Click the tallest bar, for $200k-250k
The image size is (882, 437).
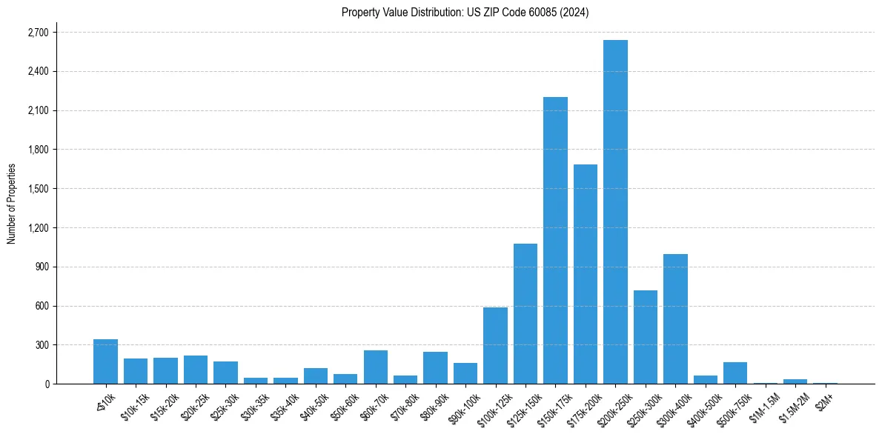(x=615, y=212)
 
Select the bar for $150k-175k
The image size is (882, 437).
(x=555, y=241)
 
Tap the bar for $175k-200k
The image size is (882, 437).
(x=586, y=274)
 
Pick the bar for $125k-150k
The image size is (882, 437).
(x=525, y=314)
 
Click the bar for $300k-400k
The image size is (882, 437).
(x=675, y=319)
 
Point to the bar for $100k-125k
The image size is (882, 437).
(x=495, y=346)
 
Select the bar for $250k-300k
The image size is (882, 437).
(x=646, y=337)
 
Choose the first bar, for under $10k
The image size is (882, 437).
(x=105, y=361)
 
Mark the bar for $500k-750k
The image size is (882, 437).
(x=735, y=373)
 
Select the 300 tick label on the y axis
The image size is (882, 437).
(x=42, y=345)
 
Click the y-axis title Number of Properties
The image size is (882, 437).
(x=11, y=204)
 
